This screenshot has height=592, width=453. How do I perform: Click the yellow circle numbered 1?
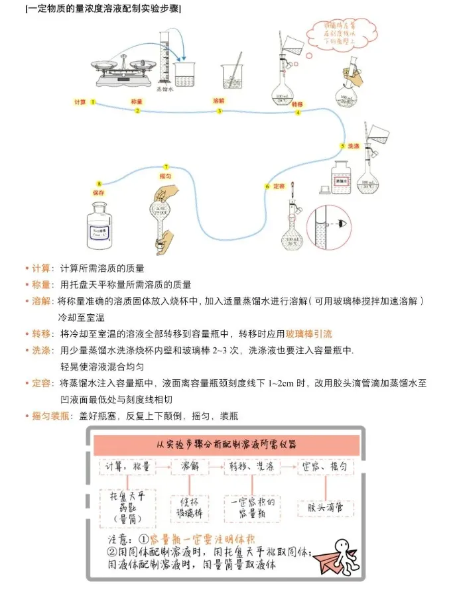[94, 102]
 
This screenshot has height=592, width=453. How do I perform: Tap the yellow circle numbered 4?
[298, 113]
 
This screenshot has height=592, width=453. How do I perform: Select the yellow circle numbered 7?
[166, 166]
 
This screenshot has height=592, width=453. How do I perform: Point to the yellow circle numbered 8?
[99, 184]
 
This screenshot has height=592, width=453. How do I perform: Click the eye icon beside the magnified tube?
[342, 223]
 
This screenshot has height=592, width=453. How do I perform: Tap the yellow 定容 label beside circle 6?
[279, 186]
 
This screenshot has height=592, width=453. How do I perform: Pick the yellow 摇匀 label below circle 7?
[166, 177]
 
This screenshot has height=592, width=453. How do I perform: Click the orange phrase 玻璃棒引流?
[309, 333]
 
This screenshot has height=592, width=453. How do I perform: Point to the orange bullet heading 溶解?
[41, 301]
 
